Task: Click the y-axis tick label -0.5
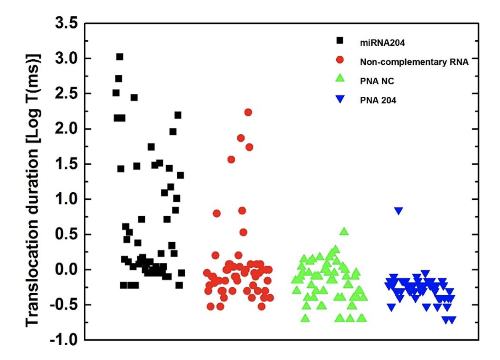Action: [x=63, y=305]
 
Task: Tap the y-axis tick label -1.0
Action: [x=63, y=340]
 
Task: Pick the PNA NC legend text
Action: [x=374, y=81]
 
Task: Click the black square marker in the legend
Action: [x=340, y=40]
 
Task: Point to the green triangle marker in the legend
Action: [x=340, y=78]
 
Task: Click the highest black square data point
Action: [x=120, y=57]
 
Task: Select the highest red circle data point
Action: [x=248, y=112]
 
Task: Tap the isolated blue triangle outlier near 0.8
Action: [x=398, y=211]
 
